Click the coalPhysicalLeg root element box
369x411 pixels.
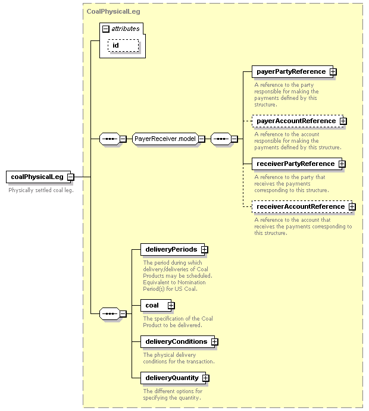point(38,177)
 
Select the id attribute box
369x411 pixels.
point(123,45)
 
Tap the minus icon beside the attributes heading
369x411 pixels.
point(106,29)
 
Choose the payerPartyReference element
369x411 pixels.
point(292,71)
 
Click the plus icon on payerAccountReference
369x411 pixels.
point(343,121)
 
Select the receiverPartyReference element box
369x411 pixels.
point(297,164)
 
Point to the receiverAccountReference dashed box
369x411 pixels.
point(302,206)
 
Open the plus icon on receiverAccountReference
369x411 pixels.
point(352,206)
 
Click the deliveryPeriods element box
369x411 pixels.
point(173,250)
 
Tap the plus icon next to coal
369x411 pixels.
point(171,305)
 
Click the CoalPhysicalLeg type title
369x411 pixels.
point(113,11)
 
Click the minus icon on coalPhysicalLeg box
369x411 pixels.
point(71,177)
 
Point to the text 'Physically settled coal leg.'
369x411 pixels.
point(41,190)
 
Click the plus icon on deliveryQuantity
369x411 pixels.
point(205,378)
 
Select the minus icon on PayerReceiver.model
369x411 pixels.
point(201,139)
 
